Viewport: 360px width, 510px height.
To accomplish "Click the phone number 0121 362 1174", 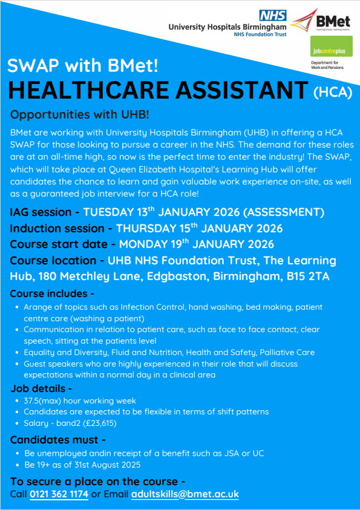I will [58, 494].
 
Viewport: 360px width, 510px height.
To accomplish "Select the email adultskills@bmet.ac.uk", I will [185, 494].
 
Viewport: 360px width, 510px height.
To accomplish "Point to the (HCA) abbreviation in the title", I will [333, 92].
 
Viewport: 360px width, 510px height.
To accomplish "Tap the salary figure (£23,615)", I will [93, 423].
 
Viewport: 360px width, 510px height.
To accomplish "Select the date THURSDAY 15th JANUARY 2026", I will [199, 228].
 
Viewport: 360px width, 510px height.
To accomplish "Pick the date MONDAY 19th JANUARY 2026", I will [196, 244].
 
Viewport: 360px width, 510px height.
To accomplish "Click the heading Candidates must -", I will [57, 440].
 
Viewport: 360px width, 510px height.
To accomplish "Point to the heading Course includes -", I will [52, 294].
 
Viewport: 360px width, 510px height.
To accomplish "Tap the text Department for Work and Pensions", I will [326, 65].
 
